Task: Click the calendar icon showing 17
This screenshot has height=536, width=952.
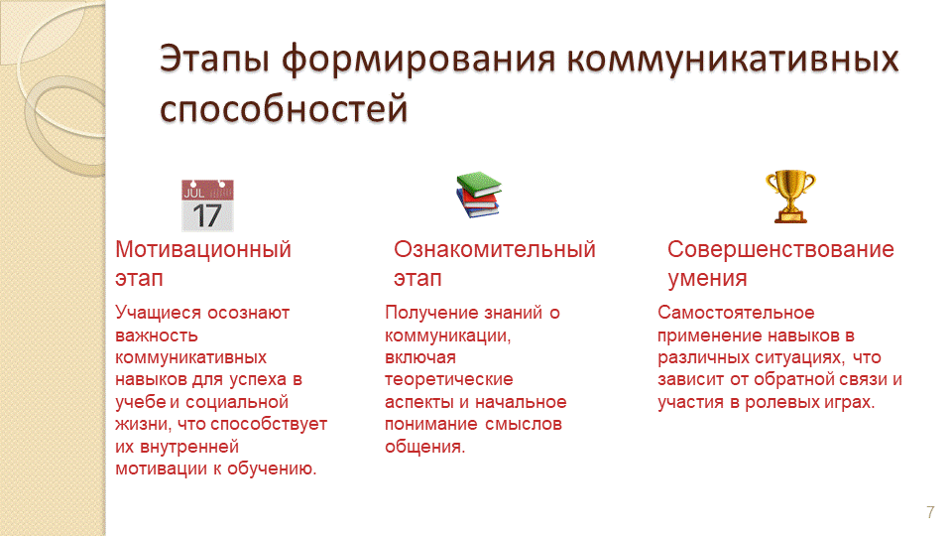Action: pos(207,205)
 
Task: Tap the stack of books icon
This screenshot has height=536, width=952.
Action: pos(479,196)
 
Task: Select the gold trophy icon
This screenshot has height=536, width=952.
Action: pos(790,197)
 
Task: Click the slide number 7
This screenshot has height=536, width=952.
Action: pos(930,512)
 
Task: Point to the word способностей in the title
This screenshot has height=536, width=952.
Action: pos(284,109)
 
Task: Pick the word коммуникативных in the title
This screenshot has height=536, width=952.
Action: pos(733,59)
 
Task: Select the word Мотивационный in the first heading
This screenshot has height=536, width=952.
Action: pos(203,250)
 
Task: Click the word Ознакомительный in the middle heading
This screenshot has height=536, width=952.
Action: pos(495,250)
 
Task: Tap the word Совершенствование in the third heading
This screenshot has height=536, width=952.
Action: pos(780,250)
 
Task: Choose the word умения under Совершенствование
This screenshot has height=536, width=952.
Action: pos(707,279)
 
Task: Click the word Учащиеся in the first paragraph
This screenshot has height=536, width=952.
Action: pos(158,313)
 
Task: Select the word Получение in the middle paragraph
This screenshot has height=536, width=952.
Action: pos(425,313)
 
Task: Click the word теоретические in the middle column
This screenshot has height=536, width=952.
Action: pos(449,380)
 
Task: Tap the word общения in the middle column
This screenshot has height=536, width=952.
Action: pos(425,447)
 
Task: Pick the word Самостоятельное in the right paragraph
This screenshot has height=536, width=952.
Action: pos(736,313)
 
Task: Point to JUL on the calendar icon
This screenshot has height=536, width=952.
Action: pos(193,193)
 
